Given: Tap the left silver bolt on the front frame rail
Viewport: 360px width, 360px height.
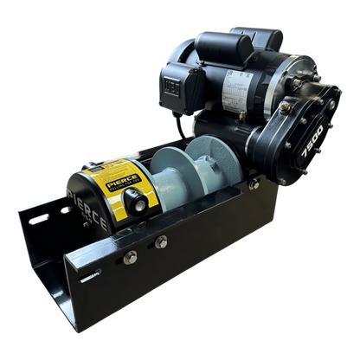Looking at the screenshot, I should (131, 258).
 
